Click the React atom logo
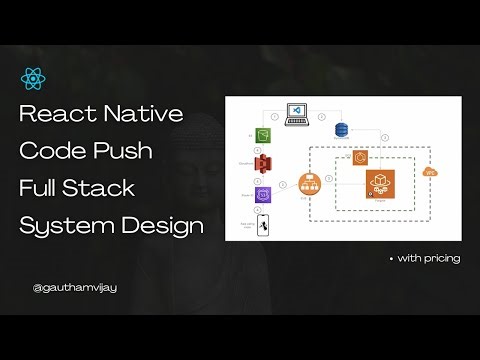(30, 78)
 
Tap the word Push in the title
(129, 152)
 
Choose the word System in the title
(65, 226)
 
